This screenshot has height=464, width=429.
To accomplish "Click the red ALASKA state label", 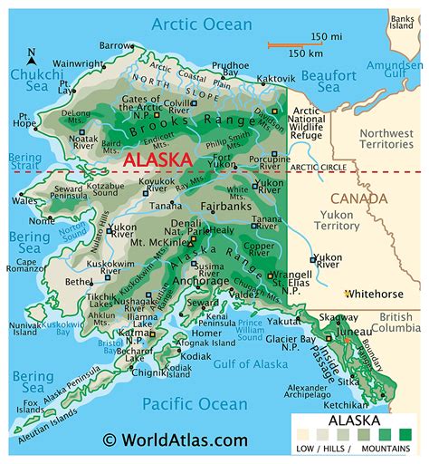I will point(158,159).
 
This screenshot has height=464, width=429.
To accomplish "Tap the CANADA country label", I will point(359,198).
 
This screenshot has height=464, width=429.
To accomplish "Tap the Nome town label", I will point(41,220).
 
